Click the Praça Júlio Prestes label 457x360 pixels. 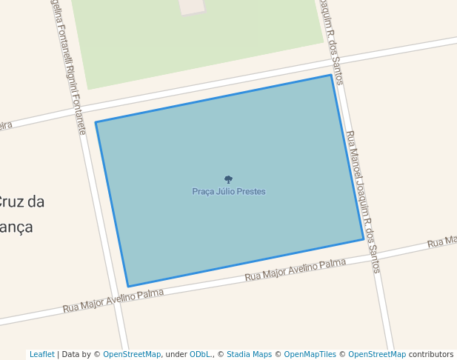pos(228,192)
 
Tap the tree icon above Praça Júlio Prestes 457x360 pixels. pos(228,179)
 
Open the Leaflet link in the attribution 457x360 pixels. pos(41,354)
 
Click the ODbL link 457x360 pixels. pos(201,354)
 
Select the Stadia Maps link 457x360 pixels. pos(249,354)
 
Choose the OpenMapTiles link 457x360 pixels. pos(310,354)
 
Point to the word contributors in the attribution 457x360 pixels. pos(431,354)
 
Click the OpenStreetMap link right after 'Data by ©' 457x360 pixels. pos(131,354)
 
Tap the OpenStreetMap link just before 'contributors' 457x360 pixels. pos(376,354)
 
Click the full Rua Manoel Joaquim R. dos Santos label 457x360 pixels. pos(363,201)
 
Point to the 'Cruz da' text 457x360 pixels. pos(21,201)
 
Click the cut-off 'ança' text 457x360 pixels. pos(16,227)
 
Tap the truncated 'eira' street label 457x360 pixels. pos(6,126)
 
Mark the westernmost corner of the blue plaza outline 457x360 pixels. pos(96,122)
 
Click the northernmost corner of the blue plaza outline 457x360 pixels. pos(331,75)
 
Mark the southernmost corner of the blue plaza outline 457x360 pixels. pos(128,287)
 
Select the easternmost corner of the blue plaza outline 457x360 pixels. pos(364,239)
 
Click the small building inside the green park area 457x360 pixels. pos(193,6)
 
